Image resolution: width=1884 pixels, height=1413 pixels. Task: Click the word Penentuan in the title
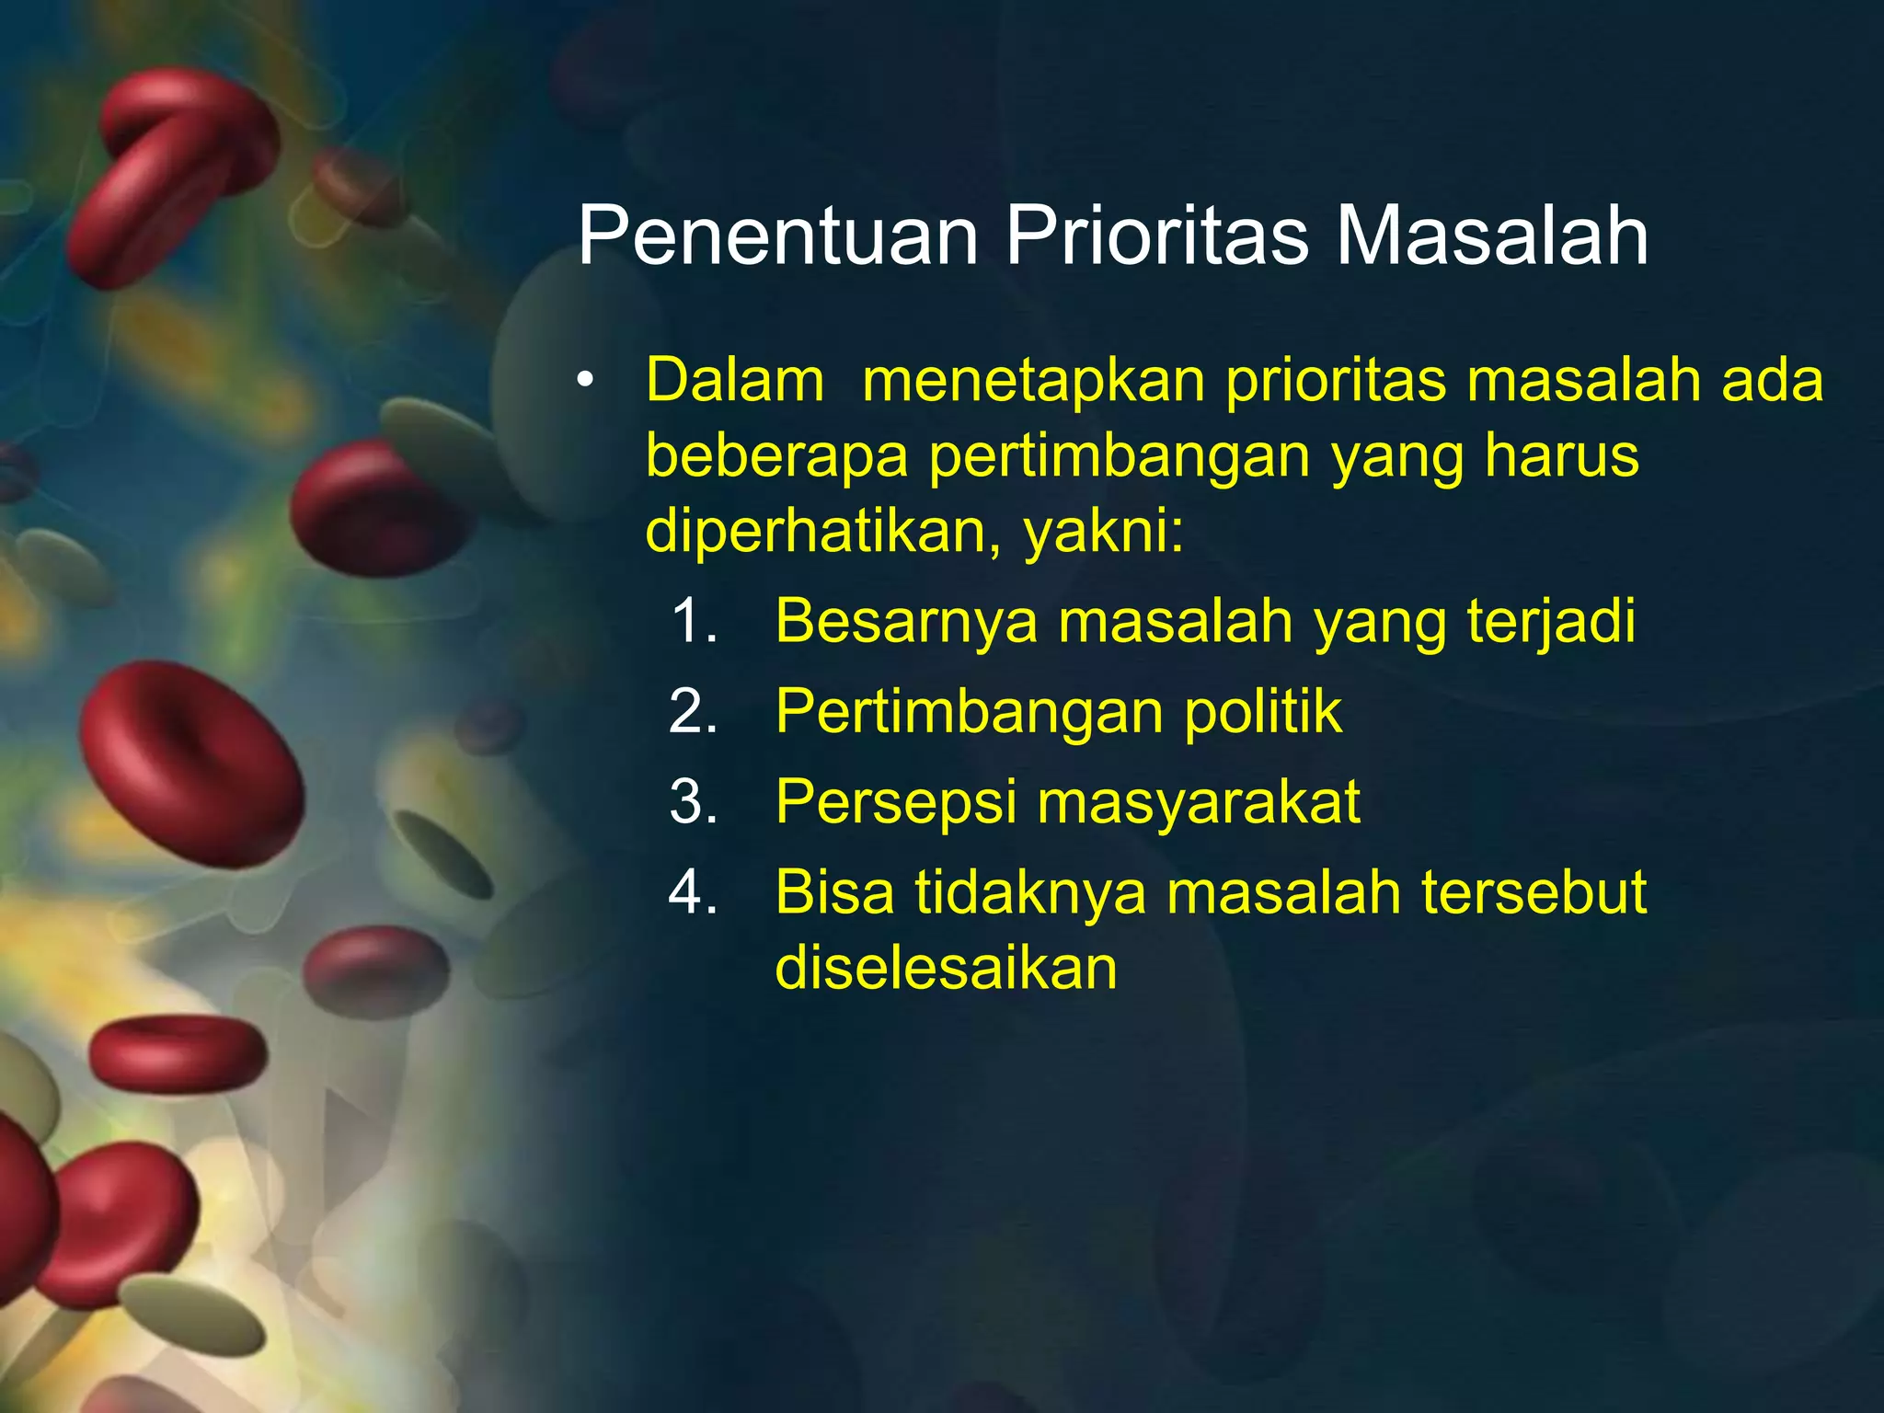777,237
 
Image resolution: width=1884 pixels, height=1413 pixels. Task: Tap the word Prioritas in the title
1156,237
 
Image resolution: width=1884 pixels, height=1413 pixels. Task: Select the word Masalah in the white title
1491,237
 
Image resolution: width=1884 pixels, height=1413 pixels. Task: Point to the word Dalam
734,381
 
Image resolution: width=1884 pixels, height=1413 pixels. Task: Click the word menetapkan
1033,381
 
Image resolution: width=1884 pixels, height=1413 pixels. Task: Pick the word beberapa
776,456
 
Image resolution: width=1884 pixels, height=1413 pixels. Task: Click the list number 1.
694,622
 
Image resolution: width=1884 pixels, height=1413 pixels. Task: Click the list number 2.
694,712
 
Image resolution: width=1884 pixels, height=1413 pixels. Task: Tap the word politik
1263,712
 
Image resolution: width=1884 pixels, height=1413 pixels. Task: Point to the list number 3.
694,802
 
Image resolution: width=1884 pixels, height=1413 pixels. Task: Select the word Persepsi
895,802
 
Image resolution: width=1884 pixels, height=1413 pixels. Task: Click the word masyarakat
1199,802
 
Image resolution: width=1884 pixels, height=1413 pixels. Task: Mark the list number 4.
694,892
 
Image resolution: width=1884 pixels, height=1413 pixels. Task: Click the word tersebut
1534,892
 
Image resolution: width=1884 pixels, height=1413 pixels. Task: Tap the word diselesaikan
946,968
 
